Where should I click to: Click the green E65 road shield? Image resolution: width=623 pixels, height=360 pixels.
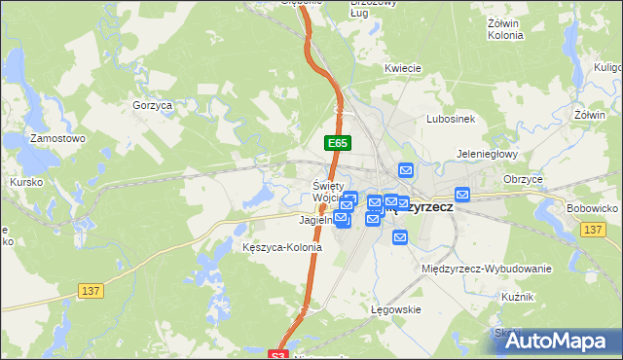pyautogui.click(x=337, y=143)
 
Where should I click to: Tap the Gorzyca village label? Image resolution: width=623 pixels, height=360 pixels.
pyautogui.click(x=151, y=104)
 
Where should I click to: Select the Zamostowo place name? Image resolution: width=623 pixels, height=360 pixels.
pyautogui.click(x=57, y=139)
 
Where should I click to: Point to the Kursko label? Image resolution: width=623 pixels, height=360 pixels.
pyautogui.click(x=26, y=182)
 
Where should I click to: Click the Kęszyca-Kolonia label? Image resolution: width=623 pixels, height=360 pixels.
pyautogui.click(x=281, y=247)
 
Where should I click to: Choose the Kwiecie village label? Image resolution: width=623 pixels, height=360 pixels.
pyautogui.click(x=402, y=68)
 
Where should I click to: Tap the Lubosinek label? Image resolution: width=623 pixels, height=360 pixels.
pyautogui.click(x=450, y=119)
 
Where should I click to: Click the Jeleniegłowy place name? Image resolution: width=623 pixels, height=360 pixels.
pyautogui.click(x=488, y=154)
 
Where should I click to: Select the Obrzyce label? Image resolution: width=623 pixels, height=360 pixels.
pyautogui.click(x=524, y=179)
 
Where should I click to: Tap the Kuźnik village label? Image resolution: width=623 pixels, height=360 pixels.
pyautogui.click(x=518, y=296)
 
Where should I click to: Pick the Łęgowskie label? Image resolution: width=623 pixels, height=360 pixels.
pyautogui.click(x=395, y=309)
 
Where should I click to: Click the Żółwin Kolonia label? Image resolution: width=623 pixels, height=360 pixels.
pyautogui.click(x=504, y=28)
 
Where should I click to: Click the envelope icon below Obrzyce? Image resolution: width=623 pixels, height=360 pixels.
pyautogui.click(x=462, y=195)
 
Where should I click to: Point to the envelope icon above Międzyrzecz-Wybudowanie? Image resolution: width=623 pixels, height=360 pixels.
pyautogui.click(x=400, y=236)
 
